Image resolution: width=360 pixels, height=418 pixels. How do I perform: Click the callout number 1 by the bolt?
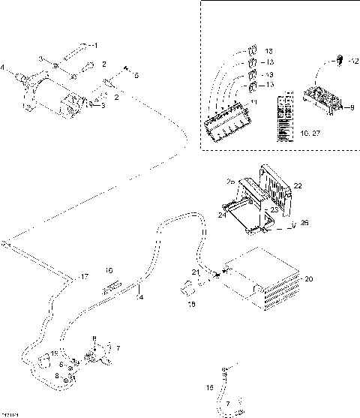pyautogui.click(x=105, y=46)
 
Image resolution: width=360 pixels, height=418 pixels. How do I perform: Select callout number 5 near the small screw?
pyautogui.click(x=136, y=75)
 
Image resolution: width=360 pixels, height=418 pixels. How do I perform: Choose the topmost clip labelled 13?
pyautogui.click(x=253, y=51)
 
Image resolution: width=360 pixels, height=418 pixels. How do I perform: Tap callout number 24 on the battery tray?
pyautogui.click(x=223, y=215)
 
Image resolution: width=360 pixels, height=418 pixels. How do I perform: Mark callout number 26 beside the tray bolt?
pyautogui.click(x=305, y=223)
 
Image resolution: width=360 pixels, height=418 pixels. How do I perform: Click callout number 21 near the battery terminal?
pyautogui.click(x=194, y=271)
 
